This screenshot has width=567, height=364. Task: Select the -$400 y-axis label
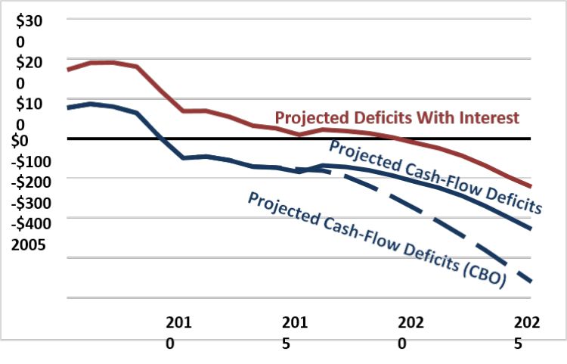click(33, 224)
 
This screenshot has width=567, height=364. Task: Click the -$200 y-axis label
click(33, 182)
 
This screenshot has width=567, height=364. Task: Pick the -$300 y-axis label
click(33, 203)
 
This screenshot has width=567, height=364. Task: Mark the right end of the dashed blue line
click(531, 282)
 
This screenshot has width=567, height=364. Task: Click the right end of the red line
click(531, 186)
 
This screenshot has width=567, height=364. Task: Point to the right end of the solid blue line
click(531, 229)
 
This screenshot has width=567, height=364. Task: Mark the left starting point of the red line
click(68, 70)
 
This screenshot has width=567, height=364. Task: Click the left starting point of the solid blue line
click(68, 107)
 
